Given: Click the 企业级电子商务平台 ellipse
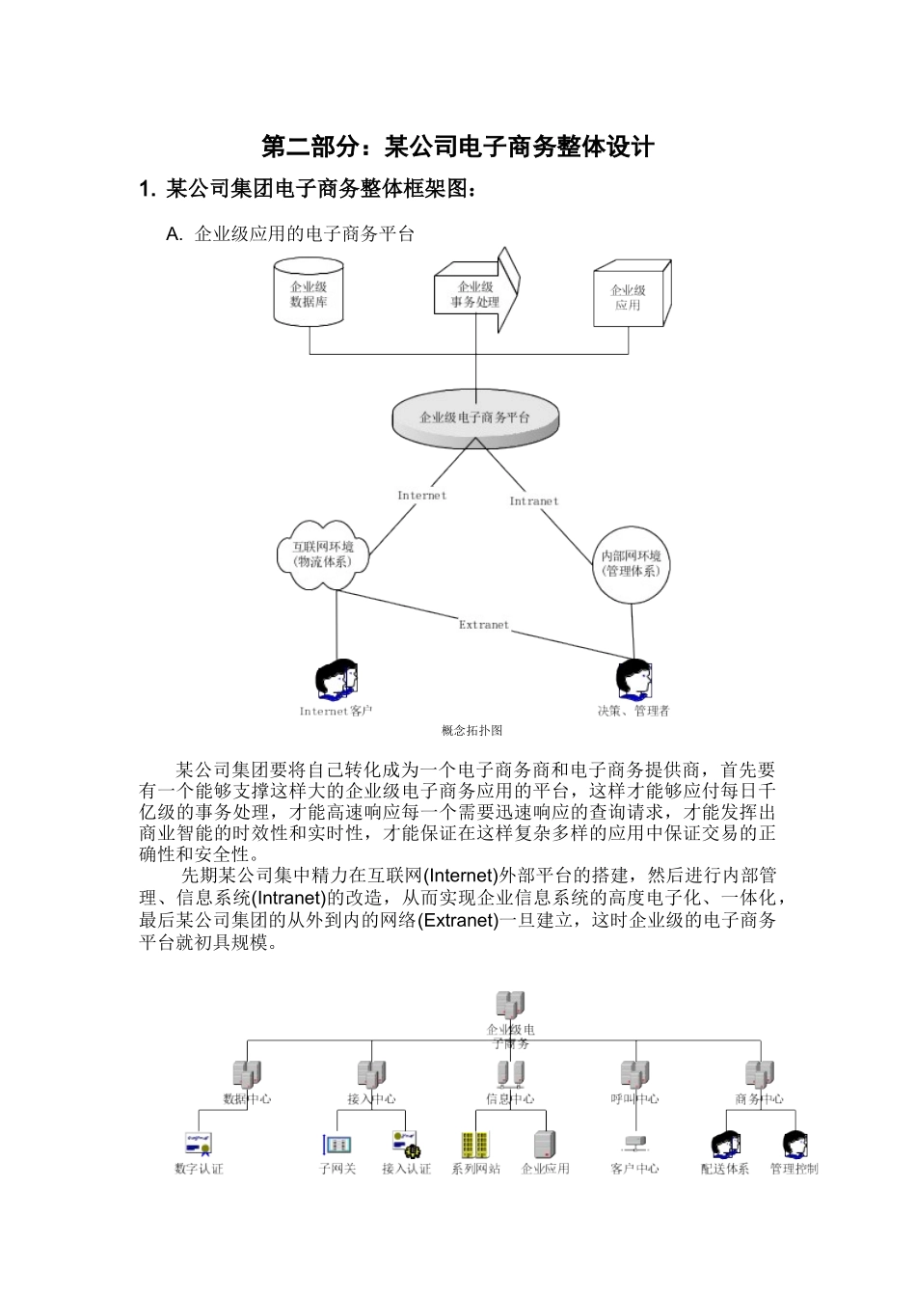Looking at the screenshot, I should (x=474, y=418).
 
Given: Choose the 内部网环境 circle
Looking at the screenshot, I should (x=631, y=563).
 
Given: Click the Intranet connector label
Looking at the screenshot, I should (x=533, y=501).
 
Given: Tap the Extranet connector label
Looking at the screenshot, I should (x=483, y=625).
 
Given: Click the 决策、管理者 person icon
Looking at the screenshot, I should (x=633, y=679).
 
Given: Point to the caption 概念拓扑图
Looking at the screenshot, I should (x=471, y=731).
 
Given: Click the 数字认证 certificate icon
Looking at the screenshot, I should (x=199, y=1144).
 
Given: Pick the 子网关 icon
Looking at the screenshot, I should (x=337, y=1145).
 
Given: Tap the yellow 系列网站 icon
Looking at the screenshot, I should (x=475, y=1145).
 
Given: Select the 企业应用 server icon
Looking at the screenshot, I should (x=545, y=1144).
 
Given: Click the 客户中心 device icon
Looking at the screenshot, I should (x=634, y=1143).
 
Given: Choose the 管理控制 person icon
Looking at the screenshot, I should (x=794, y=1145).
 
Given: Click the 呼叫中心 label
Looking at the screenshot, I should (x=634, y=1099).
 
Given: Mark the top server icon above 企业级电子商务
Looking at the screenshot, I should (x=510, y=1006).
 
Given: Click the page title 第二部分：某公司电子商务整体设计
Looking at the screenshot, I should (x=458, y=147).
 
